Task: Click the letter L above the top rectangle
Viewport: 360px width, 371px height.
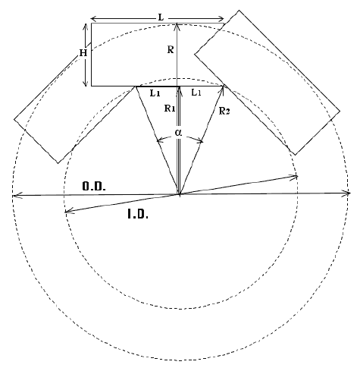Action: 161,17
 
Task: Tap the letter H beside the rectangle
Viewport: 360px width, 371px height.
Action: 83,53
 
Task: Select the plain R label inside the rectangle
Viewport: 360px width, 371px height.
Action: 171,50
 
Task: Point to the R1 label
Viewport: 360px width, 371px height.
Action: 170,108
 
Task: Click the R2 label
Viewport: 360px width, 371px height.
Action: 224,111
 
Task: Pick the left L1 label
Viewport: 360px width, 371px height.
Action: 155,93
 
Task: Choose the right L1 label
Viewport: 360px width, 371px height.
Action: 196,93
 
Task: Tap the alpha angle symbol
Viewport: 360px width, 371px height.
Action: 179,133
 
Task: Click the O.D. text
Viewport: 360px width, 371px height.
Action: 94,187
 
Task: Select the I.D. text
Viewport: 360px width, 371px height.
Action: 138,215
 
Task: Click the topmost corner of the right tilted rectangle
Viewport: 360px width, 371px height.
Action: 239,11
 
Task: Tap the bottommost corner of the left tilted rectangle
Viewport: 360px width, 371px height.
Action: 58,163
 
